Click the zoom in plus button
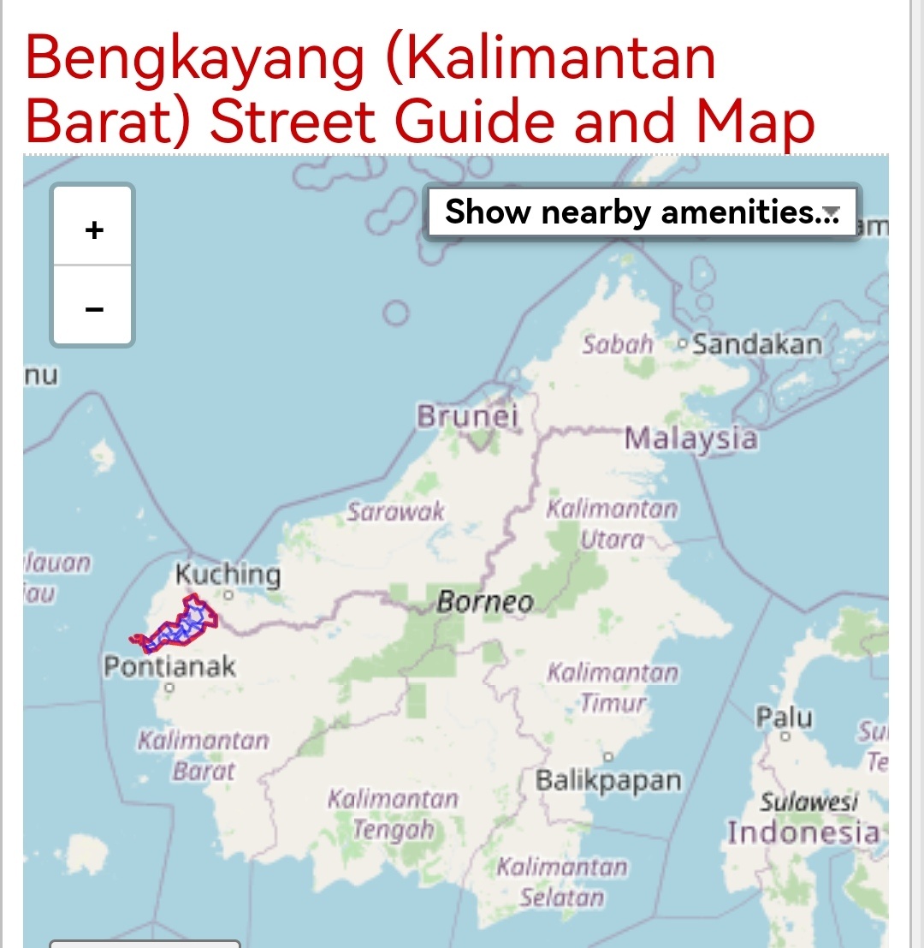94,230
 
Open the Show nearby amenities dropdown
642,211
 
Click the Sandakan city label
756,345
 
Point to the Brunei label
468,416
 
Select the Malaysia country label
690,438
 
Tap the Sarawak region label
395,512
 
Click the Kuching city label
228,574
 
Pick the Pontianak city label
169,666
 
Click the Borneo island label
485,602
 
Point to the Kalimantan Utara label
612,523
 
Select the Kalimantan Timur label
613,688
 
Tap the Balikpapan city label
608,781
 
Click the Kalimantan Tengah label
394,814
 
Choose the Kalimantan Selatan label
562,882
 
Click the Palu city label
784,717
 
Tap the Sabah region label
618,345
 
